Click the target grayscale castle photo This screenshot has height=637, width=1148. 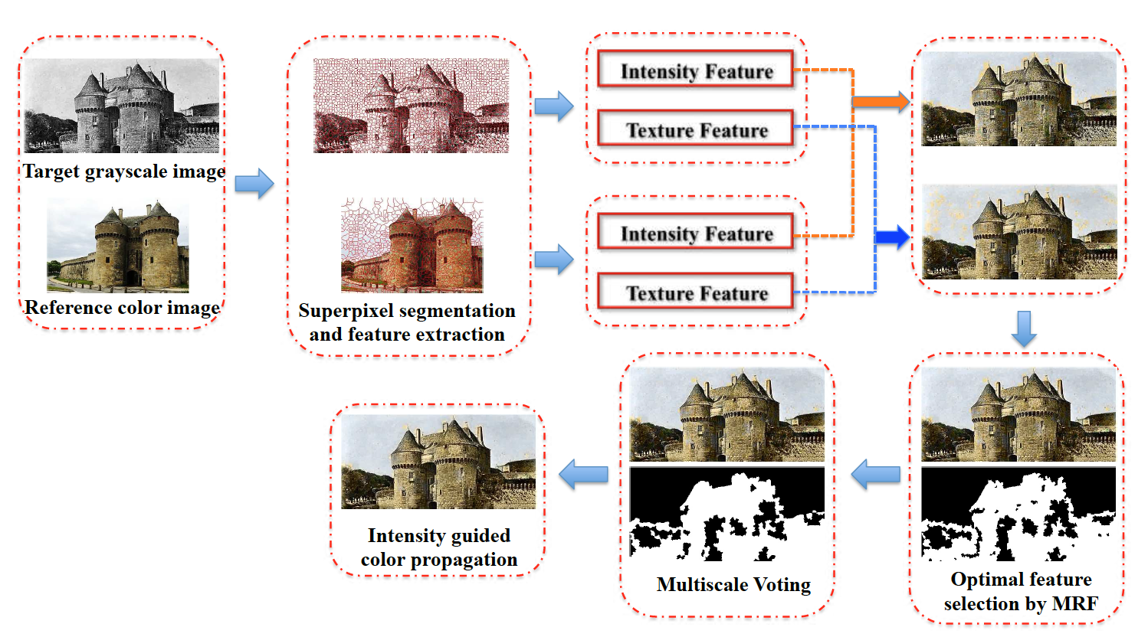click(122, 106)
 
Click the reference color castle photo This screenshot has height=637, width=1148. click(118, 245)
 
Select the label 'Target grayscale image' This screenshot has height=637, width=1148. click(123, 171)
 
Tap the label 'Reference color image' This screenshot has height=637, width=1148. click(123, 307)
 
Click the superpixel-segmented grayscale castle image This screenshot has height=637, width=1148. click(411, 106)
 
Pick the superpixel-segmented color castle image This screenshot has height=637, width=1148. click(412, 245)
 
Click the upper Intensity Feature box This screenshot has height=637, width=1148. click(696, 70)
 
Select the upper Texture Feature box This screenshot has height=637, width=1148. click(696, 129)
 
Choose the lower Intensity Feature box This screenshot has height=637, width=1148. click(696, 233)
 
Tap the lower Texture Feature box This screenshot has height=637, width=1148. click(696, 292)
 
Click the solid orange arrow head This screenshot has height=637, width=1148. click(900, 101)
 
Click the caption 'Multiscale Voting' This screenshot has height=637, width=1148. click(733, 585)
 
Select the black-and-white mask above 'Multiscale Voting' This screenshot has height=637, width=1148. click(727, 513)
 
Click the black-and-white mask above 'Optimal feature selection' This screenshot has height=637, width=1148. click(1018, 513)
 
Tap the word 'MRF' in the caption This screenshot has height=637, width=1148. click(1075, 603)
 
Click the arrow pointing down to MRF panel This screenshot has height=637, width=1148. click(1024, 328)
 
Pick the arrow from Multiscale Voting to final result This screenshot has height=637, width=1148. click(583, 475)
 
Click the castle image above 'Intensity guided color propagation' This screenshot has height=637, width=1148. click(438, 462)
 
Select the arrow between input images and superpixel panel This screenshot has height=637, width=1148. click(254, 184)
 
